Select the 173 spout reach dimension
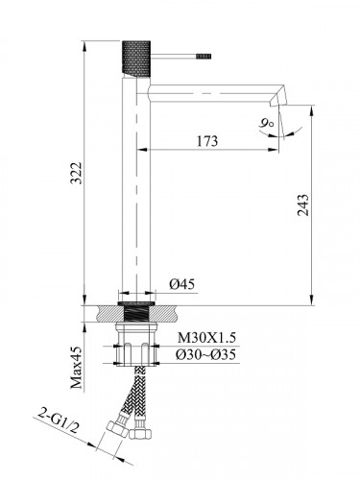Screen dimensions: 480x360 click(x=205, y=141)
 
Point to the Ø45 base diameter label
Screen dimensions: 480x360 click(x=183, y=284)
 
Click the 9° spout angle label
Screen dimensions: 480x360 click(x=267, y=122)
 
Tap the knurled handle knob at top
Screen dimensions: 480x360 click(x=131, y=57)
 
